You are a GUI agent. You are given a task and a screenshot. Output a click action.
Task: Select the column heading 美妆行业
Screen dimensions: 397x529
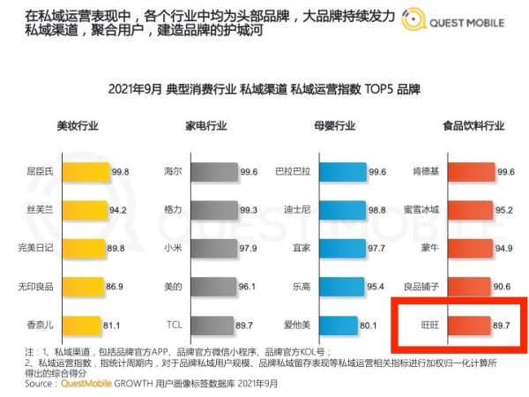(73, 124)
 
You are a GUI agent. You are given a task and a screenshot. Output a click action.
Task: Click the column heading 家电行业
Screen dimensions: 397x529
(204, 124)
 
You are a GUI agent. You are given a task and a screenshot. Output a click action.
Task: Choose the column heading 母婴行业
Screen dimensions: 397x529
(322, 124)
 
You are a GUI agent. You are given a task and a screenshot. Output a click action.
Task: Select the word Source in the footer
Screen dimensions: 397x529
(40, 384)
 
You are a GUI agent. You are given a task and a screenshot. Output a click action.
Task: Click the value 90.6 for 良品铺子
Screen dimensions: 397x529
(504, 286)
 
